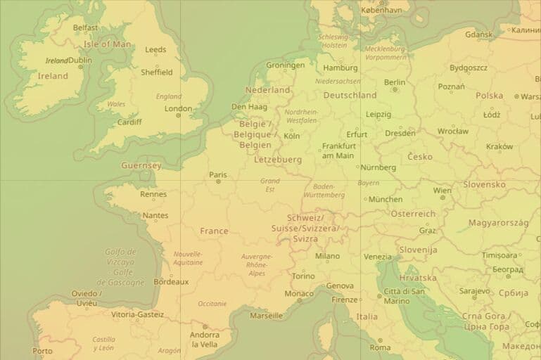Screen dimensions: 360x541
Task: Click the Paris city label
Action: (x=218, y=175)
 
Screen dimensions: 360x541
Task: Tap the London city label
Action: (x=178, y=108)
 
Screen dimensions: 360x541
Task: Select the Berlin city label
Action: (x=395, y=82)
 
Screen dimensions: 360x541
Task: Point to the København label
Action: (x=381, y=11)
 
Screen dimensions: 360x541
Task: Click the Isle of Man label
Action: (x=107, y=44)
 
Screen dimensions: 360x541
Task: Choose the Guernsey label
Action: (x=141, y=166)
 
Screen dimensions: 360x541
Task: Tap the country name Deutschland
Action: (x=350, y=95)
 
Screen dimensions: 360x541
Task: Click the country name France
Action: (x=214, y=231)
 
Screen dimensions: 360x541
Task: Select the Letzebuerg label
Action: (x=277, y=160)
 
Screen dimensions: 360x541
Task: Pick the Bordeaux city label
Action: (x=171, y=281)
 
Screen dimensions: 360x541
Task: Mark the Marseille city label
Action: (x=266, y=316)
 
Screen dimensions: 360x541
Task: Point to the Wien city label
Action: (x=442, y=191)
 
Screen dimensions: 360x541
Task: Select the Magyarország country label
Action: (x=498, y=222)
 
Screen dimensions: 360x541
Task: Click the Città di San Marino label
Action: (x=403, y=296)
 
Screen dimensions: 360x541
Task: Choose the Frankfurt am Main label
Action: (x=338, y=150)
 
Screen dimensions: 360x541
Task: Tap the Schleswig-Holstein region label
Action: (x=333, y=41)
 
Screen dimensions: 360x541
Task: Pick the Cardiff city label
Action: (x=129, y=122)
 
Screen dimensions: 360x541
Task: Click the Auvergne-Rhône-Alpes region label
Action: (x=256, y=265)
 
